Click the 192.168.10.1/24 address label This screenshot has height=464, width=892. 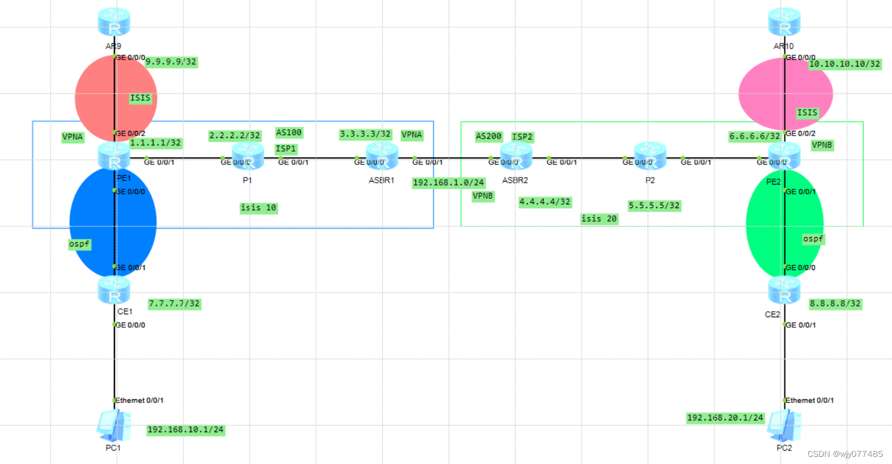pos(186,430)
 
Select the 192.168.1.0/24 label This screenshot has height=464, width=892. pos(448,182)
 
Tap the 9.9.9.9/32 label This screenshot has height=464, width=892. pos(170,61)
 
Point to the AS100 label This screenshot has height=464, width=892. pos(289,132)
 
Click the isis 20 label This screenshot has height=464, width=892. pos(599,219)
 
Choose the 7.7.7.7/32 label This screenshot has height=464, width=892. pos(174,304)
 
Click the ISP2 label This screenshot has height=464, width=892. pos(523,137)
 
